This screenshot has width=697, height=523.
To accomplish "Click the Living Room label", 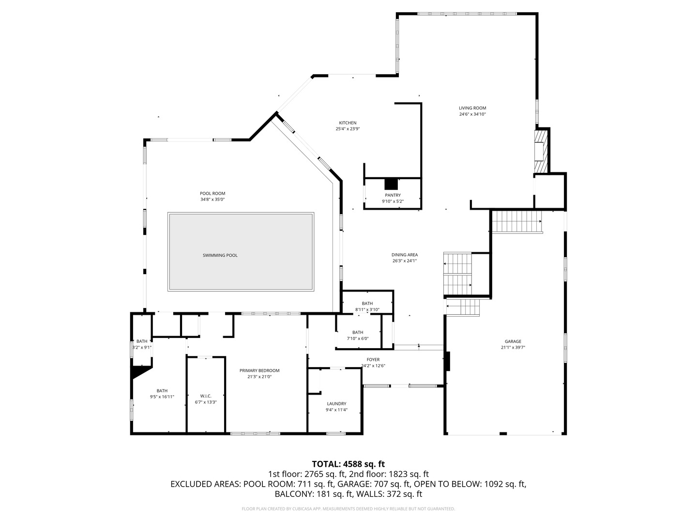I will click(x=472, y=108).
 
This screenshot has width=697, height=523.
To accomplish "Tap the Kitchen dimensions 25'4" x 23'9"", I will click(x=348, y=129).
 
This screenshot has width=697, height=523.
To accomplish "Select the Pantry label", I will click(x=393, y=195).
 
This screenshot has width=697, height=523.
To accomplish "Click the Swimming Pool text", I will click(x=220, y=255).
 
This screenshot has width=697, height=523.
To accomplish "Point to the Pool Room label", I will click(x=212, y=193).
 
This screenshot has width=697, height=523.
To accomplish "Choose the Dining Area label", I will click(x=405, y=255).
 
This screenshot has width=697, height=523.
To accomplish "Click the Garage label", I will click(x=513, y=341).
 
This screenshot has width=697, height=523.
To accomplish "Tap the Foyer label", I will click(x=373, y=359).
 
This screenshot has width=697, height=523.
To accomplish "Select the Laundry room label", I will click(x=336, y=403).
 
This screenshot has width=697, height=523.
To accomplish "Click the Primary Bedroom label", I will click(x=259, y=370).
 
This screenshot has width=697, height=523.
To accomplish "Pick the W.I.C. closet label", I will click(x=206, y=396).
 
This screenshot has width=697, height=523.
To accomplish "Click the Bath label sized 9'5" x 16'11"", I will click(x=162, y=391).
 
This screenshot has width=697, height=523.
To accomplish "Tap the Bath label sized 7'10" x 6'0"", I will click(x=358, y=332).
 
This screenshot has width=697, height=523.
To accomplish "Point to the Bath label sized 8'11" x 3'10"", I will click(x=367, y=304).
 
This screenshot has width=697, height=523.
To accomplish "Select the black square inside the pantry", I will click(x=391, y=185).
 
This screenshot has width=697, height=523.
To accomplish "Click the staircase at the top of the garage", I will click(x=516, y=222).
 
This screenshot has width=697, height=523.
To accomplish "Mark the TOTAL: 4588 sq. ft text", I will click(x=348, y=464).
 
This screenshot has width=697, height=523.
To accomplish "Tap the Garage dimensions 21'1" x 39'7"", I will click(x=513, y=348).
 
